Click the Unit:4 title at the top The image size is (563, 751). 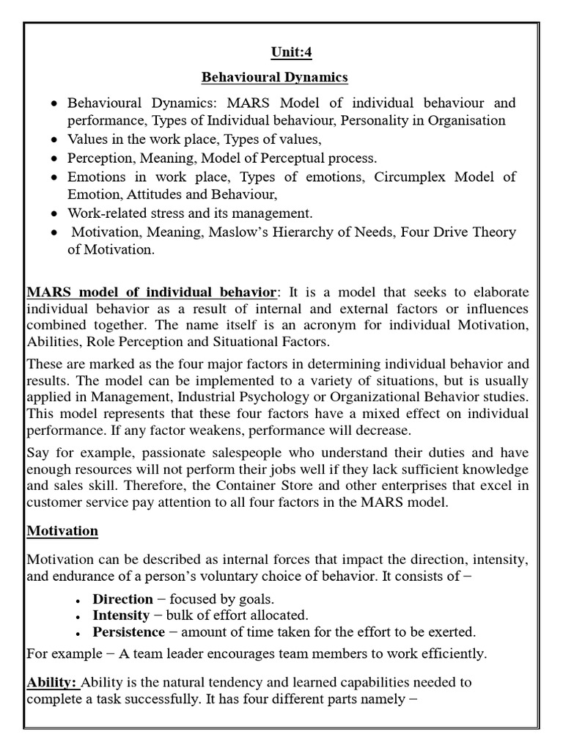click(281, 53)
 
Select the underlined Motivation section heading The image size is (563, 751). click(62, 530)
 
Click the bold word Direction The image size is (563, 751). click(122, 598)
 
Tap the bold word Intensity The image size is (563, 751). click(120, 615)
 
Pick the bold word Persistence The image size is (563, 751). click(128, 631)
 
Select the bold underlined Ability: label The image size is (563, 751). click(52, 681)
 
